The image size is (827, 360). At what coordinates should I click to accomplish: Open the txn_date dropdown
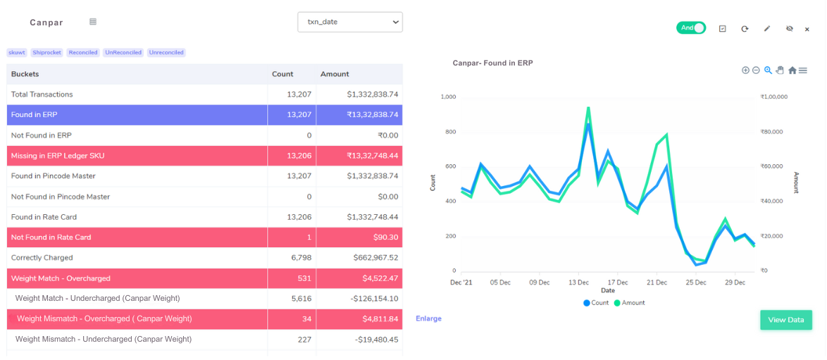click(x=349, y=22)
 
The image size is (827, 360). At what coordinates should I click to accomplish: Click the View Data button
click(x=785, y=320)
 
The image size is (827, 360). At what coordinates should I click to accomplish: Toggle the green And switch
click(x=690, y=28)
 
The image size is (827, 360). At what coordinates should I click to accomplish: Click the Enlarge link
click(x=428, y=318)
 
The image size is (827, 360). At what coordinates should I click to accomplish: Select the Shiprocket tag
click(x=46, y=53)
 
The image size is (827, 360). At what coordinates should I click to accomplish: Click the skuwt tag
click(x=16, y=53)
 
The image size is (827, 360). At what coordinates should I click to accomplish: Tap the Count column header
click(x=282, y=74)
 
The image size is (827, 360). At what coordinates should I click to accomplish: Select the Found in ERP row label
click(x=35, y=115)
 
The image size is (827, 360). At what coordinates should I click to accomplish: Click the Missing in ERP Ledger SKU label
click(x=58, y=156)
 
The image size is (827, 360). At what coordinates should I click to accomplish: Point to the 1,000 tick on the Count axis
click(x=448, y=97)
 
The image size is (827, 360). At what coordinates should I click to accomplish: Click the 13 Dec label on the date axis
click(x=578, y=283)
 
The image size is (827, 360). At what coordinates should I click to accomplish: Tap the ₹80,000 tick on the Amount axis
click(x=773, y=132)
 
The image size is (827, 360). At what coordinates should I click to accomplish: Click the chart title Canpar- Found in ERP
click(x=492, y=63)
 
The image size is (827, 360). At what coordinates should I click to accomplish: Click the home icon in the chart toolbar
click(x=792, y=70)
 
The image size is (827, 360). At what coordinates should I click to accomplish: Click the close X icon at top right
click(x=807, y=29)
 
